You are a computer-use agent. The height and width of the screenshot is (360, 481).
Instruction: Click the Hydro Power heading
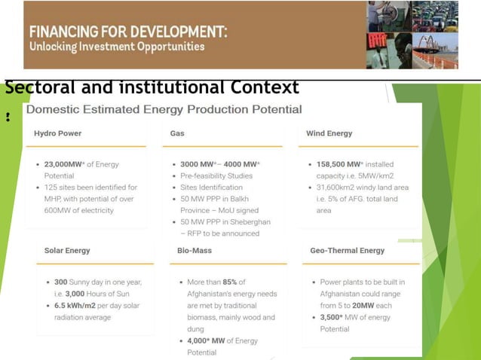58,133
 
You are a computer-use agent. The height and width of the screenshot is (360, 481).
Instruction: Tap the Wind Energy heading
329,133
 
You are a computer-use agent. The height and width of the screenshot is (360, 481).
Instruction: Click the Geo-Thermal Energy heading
347,250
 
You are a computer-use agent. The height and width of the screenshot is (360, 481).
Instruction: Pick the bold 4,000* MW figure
207,340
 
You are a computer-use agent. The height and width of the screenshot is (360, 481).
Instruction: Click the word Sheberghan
246,222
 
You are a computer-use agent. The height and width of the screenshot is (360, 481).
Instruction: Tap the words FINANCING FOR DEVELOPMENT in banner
128,34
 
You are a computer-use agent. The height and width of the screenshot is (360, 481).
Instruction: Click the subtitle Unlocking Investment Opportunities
117,47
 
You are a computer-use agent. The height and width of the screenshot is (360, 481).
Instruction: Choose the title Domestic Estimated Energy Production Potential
164,110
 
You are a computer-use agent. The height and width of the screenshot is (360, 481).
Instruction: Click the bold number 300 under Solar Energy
61,282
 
